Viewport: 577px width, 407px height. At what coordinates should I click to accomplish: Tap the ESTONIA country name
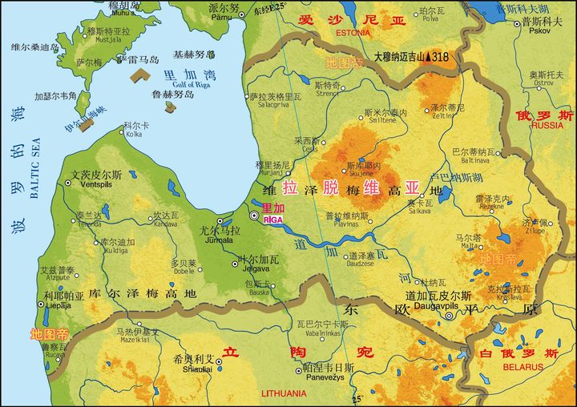[x=353, y=33]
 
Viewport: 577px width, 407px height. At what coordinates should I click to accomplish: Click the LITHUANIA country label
[x=284, y=393]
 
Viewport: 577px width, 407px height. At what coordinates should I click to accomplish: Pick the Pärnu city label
[x=224, y=16]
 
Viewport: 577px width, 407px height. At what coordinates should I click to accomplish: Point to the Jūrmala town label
[x=219, y=240]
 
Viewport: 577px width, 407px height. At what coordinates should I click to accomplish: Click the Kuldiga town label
[x=115, y=251]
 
